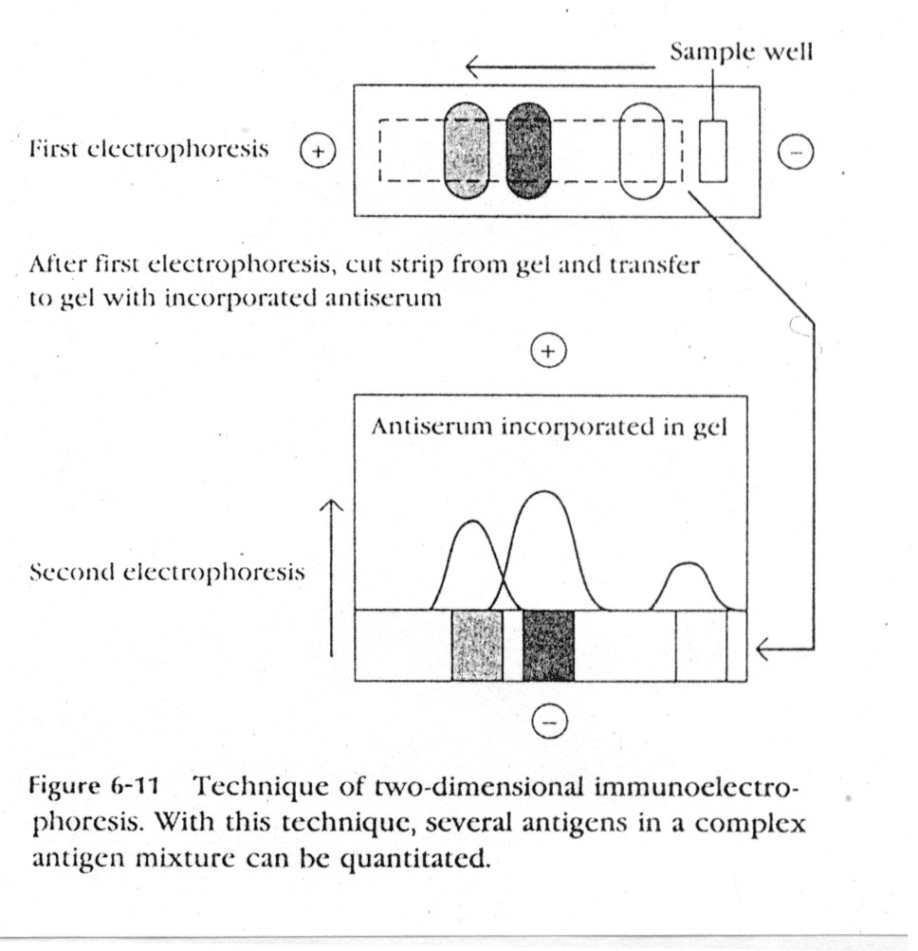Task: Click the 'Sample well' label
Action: [x=740, y=53]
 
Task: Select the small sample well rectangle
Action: [x=713, y=151]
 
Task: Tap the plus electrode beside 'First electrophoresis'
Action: [x=318, y=151]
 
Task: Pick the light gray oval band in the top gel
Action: [x=467, y=151]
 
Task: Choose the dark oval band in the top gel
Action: [x=528, y=151]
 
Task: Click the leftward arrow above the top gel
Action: [x=560, y=67]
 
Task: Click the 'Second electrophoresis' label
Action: [x=168, y=573]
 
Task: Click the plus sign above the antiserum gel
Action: [x=548, y=352]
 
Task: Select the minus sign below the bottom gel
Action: [x=548, y=722]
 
